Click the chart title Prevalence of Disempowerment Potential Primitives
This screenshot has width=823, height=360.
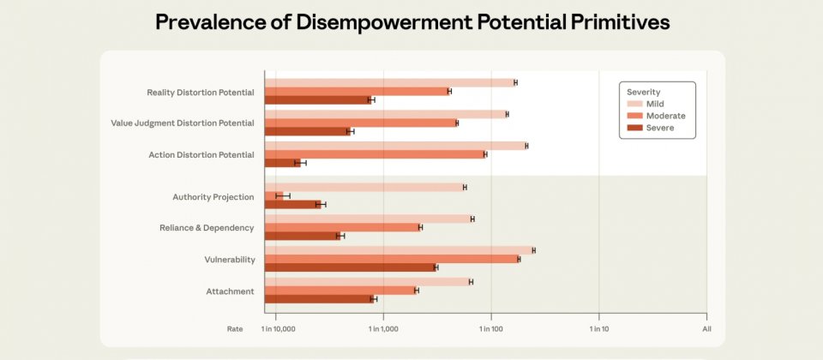(x=411, y=23)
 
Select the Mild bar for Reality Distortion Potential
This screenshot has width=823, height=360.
(x=390, y=82)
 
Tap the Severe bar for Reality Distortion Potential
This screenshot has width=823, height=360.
(x=317, y=99)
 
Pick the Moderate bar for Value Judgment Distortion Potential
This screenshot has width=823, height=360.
(x=360, y=123)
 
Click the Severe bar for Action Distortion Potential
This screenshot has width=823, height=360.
(x=282, y=162)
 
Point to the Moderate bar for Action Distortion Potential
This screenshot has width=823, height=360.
(x=375, y=154)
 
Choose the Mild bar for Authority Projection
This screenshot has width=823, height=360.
(x=364, y=187)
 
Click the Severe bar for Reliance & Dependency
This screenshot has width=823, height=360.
(x=303, y=235)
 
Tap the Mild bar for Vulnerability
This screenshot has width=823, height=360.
(x=399, y=250)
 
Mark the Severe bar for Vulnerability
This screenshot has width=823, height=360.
(x=350, y=267)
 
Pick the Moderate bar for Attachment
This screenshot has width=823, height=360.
(x=340, y=291)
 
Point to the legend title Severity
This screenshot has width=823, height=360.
(x=643, y=91)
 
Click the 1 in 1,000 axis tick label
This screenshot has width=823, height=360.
(x=383, y=329)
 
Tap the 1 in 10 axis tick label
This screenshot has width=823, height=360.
(x=598, y=329)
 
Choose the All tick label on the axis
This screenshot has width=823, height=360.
(x=706, y=329)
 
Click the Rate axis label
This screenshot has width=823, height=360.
(x=235, y=329)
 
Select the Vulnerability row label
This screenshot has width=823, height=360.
(x=229, y=259)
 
